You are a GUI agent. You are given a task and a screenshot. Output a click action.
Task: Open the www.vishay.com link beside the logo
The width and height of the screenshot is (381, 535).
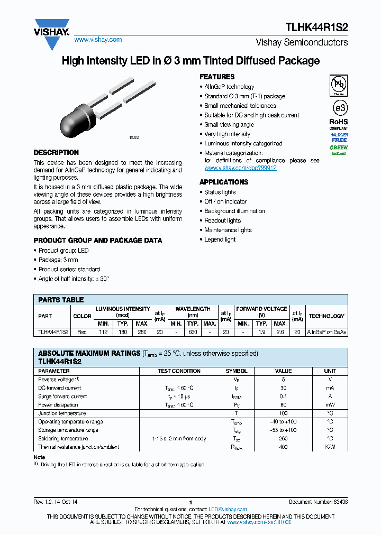click(98, 40)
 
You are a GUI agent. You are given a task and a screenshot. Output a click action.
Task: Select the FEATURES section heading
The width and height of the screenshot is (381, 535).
click(217, 77)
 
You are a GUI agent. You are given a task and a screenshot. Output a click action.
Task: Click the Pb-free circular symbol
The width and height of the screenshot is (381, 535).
click(339, 85)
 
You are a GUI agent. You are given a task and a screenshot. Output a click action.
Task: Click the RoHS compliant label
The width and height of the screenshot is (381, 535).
click(339, 124)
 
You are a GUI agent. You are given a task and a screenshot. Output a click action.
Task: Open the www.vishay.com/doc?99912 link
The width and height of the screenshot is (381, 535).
click(240, 168)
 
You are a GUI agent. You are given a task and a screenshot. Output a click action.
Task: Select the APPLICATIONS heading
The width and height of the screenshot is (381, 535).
click(223, 182)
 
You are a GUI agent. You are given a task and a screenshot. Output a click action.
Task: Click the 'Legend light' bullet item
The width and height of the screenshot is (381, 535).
click(220, 239)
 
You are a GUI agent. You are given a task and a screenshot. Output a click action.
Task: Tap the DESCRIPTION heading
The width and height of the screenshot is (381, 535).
click(56, 153)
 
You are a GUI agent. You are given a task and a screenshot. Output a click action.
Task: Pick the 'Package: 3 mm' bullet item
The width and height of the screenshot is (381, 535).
click(58, 260)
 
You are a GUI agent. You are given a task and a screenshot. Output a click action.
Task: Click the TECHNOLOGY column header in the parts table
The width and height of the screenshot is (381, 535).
click(326, 316)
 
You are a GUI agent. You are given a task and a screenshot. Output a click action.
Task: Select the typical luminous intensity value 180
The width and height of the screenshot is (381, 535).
click(123, 333)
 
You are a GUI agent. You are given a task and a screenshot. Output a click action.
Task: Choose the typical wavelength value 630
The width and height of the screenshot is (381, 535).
click(193, 333)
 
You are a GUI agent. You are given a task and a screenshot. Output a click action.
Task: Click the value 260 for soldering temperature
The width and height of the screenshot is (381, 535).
click(284, 439)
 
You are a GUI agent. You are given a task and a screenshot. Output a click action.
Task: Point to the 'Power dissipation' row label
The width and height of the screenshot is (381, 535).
click(59, 405)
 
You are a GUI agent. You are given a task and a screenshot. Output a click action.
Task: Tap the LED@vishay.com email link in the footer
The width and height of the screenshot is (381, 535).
click(224, 509)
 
